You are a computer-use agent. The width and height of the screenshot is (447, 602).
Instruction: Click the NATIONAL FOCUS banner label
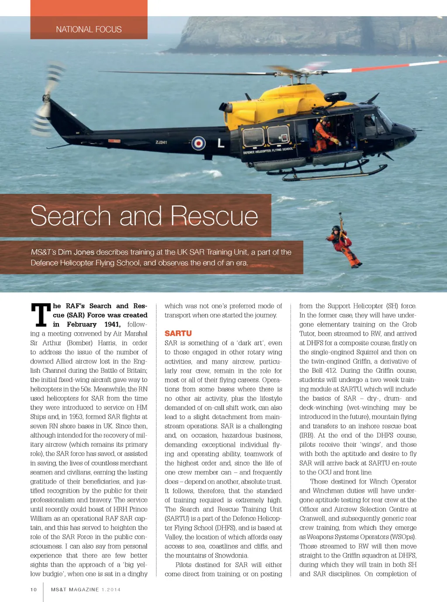click(x=89, y=30)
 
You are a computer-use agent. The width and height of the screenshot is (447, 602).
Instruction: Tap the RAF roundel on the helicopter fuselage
click(x=199, y=143)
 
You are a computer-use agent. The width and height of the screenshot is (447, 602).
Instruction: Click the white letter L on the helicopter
click(x=221, y=143)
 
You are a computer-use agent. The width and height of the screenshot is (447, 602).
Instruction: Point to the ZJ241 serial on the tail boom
click(x=161, y=142)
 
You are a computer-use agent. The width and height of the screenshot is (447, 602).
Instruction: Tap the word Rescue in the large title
click(x=214, y=216)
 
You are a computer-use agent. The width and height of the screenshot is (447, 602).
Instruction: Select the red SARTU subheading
click(x=178, y=334)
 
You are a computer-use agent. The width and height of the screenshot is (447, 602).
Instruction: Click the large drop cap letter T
click(x=41, y=315)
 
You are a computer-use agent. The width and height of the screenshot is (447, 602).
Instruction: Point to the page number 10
click(x=34, y=589)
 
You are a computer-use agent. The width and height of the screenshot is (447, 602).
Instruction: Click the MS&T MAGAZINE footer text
click(x=75, y=589)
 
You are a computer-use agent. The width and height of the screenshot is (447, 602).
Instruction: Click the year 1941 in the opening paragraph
click(x=112, y=324)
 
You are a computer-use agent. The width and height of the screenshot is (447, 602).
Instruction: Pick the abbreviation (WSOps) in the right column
click(x=400, y=537)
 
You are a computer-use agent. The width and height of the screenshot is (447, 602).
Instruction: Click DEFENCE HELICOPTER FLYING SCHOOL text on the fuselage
click(x=268, y=151)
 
